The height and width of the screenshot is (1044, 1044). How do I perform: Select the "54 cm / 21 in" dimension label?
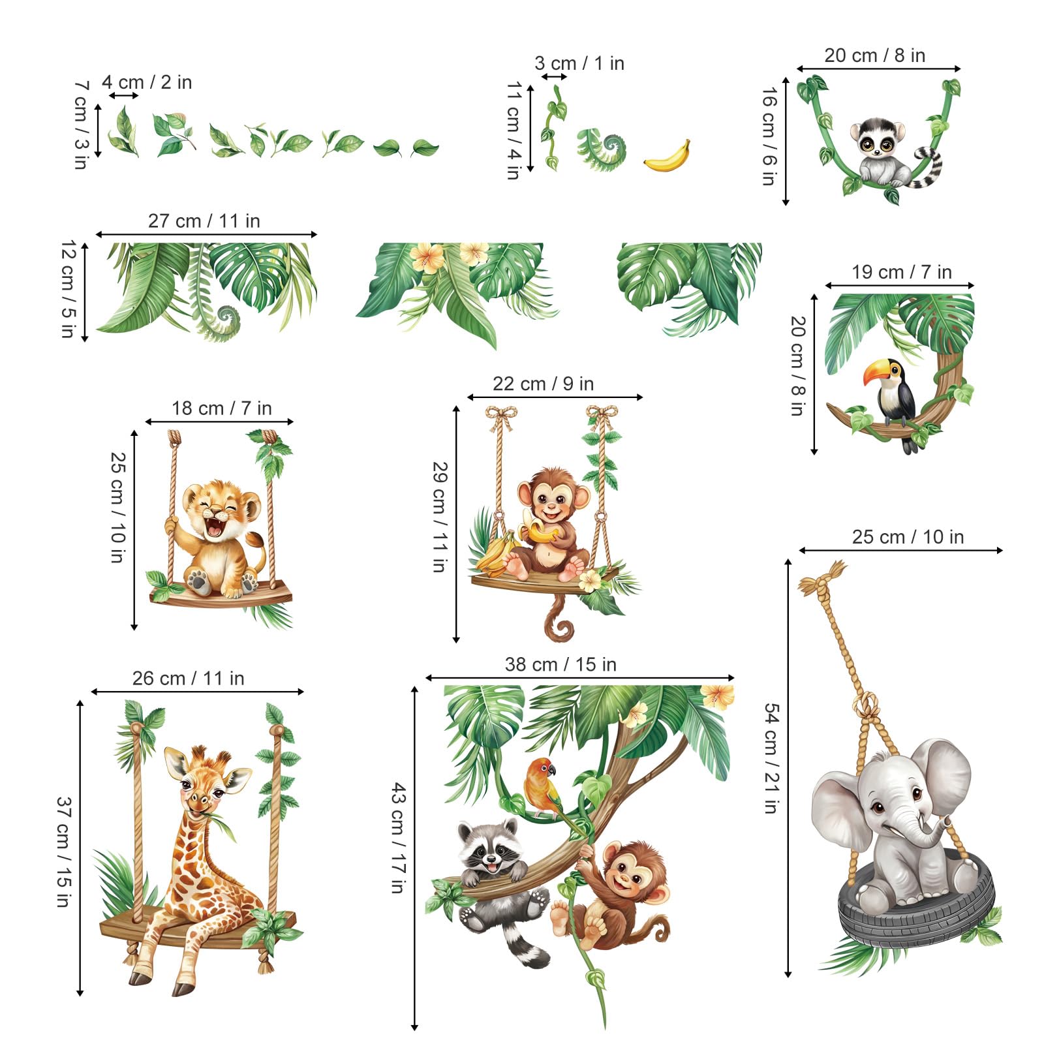tap(771, 758)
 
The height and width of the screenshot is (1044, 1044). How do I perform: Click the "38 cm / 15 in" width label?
tap(560, 664)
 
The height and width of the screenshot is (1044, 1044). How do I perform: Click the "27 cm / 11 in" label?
tap(204, 221)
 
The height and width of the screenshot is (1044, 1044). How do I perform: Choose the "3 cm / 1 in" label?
tap(579, 63)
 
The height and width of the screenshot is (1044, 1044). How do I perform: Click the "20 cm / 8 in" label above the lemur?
tap(874, 55)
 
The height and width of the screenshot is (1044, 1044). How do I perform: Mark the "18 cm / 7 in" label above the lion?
tap(221, 408)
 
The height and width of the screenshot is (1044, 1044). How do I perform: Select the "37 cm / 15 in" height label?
tap(63, 852)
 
